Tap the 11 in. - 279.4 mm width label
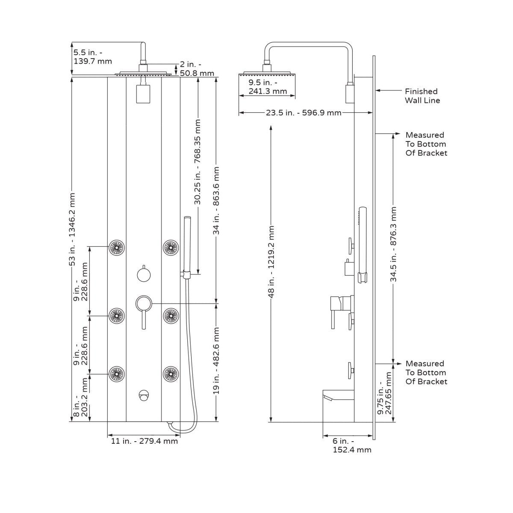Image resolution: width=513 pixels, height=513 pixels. (144, 441)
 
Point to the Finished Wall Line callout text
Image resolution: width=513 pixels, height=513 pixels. (422, 96)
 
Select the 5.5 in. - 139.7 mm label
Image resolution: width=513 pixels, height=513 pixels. (92, 56)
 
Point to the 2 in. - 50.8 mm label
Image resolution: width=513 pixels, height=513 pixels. (196, 68)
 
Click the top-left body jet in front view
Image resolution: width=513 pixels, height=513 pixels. (116, 247)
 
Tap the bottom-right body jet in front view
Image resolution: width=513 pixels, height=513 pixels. (170, 373)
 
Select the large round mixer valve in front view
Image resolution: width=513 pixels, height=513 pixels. (143, 304)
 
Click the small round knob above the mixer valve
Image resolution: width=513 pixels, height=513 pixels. (144, 274)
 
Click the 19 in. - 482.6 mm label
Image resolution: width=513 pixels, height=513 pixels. (217, 360)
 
